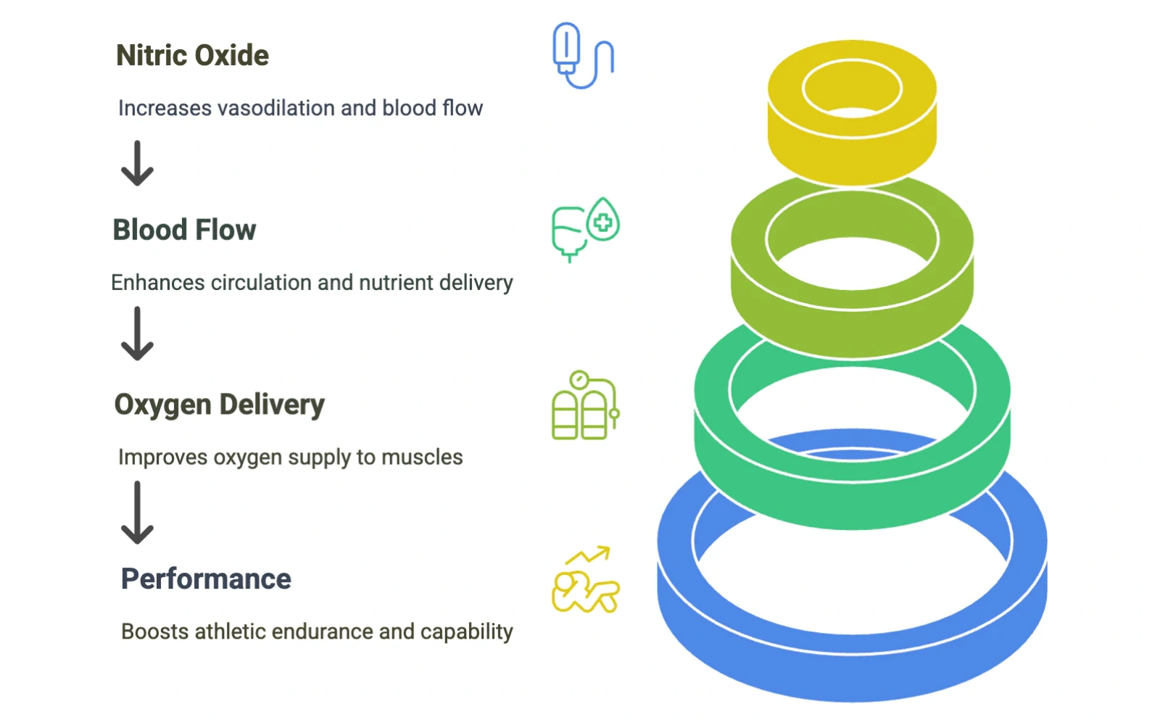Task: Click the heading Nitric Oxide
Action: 192,56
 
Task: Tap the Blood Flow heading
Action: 184,231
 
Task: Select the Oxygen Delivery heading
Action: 219,405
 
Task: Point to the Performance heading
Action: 206,579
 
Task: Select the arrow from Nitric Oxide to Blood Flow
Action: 137,163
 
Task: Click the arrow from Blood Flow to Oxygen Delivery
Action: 137,333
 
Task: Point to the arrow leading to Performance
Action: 137,513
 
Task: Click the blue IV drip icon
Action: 582,56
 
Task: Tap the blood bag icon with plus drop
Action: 585,229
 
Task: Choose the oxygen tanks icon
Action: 585,405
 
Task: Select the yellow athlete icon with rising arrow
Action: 585,580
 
